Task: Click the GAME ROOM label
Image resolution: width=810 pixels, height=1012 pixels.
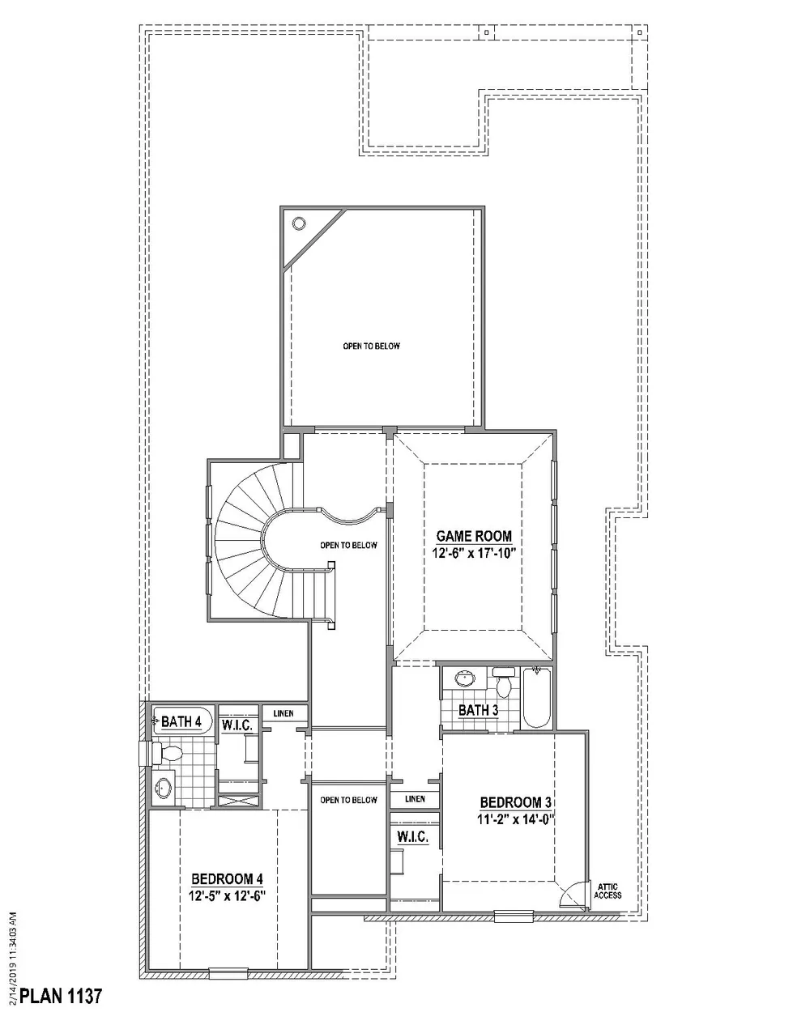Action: [x=474, y=536]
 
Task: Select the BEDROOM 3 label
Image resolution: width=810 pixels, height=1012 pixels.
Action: [x=516, y=802]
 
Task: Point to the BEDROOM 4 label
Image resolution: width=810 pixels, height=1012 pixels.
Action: [x=227, y=879]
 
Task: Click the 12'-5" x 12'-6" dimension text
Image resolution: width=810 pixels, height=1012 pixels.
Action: [x=227, y=895]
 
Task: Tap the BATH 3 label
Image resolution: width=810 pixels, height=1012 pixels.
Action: [x=478, y=710]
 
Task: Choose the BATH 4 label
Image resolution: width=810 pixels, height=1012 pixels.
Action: [x=181, y=721]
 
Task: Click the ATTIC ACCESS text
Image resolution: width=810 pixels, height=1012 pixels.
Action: [x=607, y=891]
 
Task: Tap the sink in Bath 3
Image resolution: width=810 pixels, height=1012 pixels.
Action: [x=464, y=678]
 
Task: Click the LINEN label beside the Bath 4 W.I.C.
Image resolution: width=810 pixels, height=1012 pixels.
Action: [x=283, y=713]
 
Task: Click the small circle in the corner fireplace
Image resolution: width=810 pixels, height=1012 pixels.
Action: [x=298, y=224]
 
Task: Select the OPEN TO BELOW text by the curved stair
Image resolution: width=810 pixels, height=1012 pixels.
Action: [x=348, y=546]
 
